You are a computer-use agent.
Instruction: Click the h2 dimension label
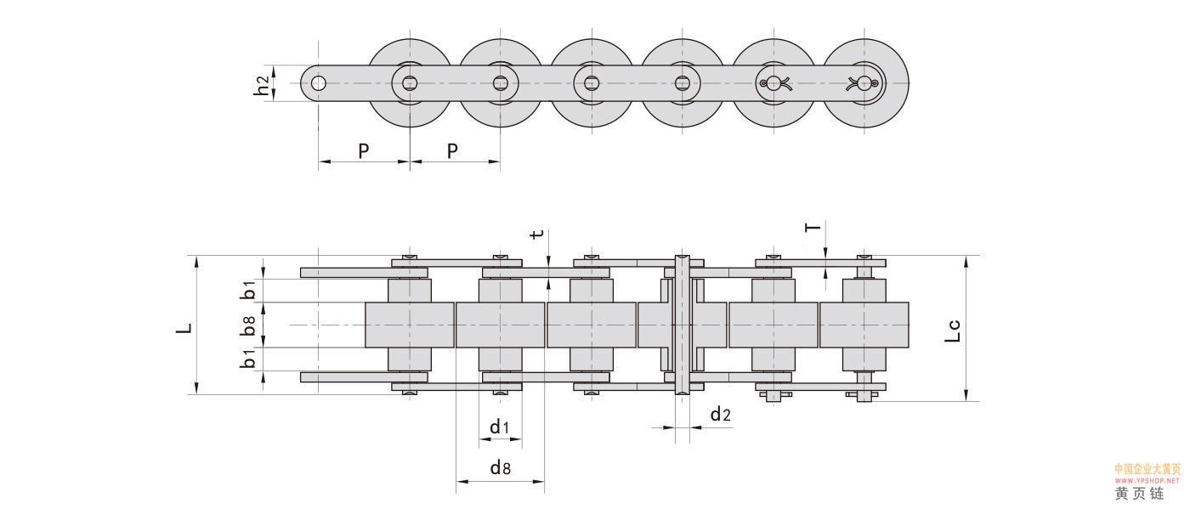[262, 83]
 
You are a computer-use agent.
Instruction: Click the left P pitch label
[363, 151]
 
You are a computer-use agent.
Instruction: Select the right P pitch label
[452, 151]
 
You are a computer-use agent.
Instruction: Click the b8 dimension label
[248, 325]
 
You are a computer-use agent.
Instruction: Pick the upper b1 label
[248, 289]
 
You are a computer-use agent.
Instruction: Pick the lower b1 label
[248, 359]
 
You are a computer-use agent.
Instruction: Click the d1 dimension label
[499, 427]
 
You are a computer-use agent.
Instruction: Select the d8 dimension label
[500, 467]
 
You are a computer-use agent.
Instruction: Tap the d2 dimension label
[720, 414]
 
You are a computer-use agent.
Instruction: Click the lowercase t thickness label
[535, 235]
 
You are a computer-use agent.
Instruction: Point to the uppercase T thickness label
[813, 227]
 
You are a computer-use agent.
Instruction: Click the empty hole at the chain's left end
[318, 83]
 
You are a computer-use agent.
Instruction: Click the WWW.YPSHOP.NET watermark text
[1147, 480]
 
